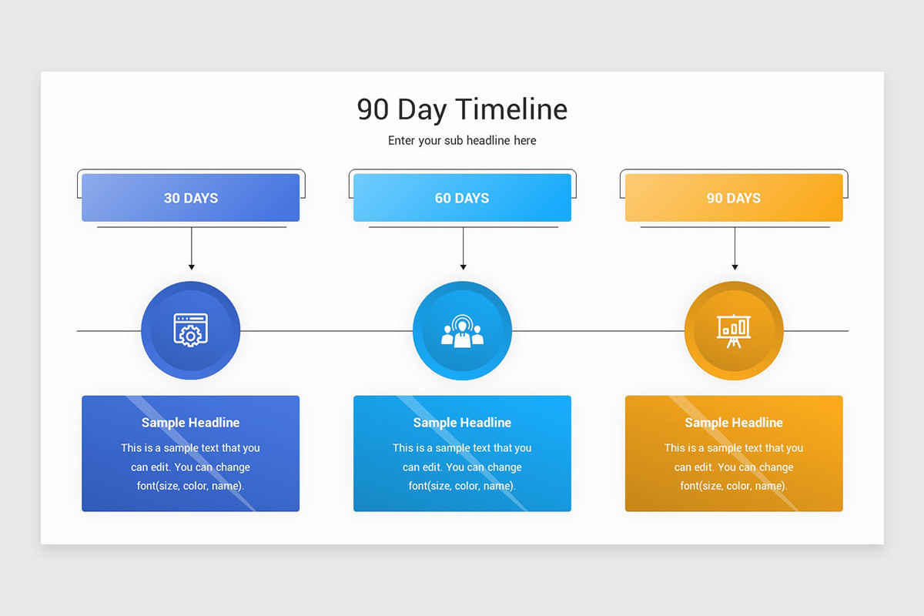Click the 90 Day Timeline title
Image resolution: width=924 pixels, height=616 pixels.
462,109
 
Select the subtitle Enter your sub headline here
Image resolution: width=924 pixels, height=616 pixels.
462,141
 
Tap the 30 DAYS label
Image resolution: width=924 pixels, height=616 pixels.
191,198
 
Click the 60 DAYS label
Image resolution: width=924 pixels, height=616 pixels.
462,198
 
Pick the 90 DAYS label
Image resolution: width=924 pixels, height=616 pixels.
733,198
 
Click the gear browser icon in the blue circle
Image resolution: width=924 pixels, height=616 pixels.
191,330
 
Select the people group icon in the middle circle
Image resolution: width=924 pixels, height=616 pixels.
462,331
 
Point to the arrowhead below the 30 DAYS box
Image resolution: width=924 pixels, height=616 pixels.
192,266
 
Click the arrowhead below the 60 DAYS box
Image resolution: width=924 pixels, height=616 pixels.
463,266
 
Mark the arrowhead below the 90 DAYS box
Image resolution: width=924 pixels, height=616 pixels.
735,266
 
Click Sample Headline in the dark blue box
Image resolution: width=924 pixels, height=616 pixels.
191,423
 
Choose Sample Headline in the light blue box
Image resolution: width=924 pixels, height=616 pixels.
462,423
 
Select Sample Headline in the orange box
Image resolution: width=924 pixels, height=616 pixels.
733,423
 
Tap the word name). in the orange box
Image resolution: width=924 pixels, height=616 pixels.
771,486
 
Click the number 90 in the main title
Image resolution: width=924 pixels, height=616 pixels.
373,109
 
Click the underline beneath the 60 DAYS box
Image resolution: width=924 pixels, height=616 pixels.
463,227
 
